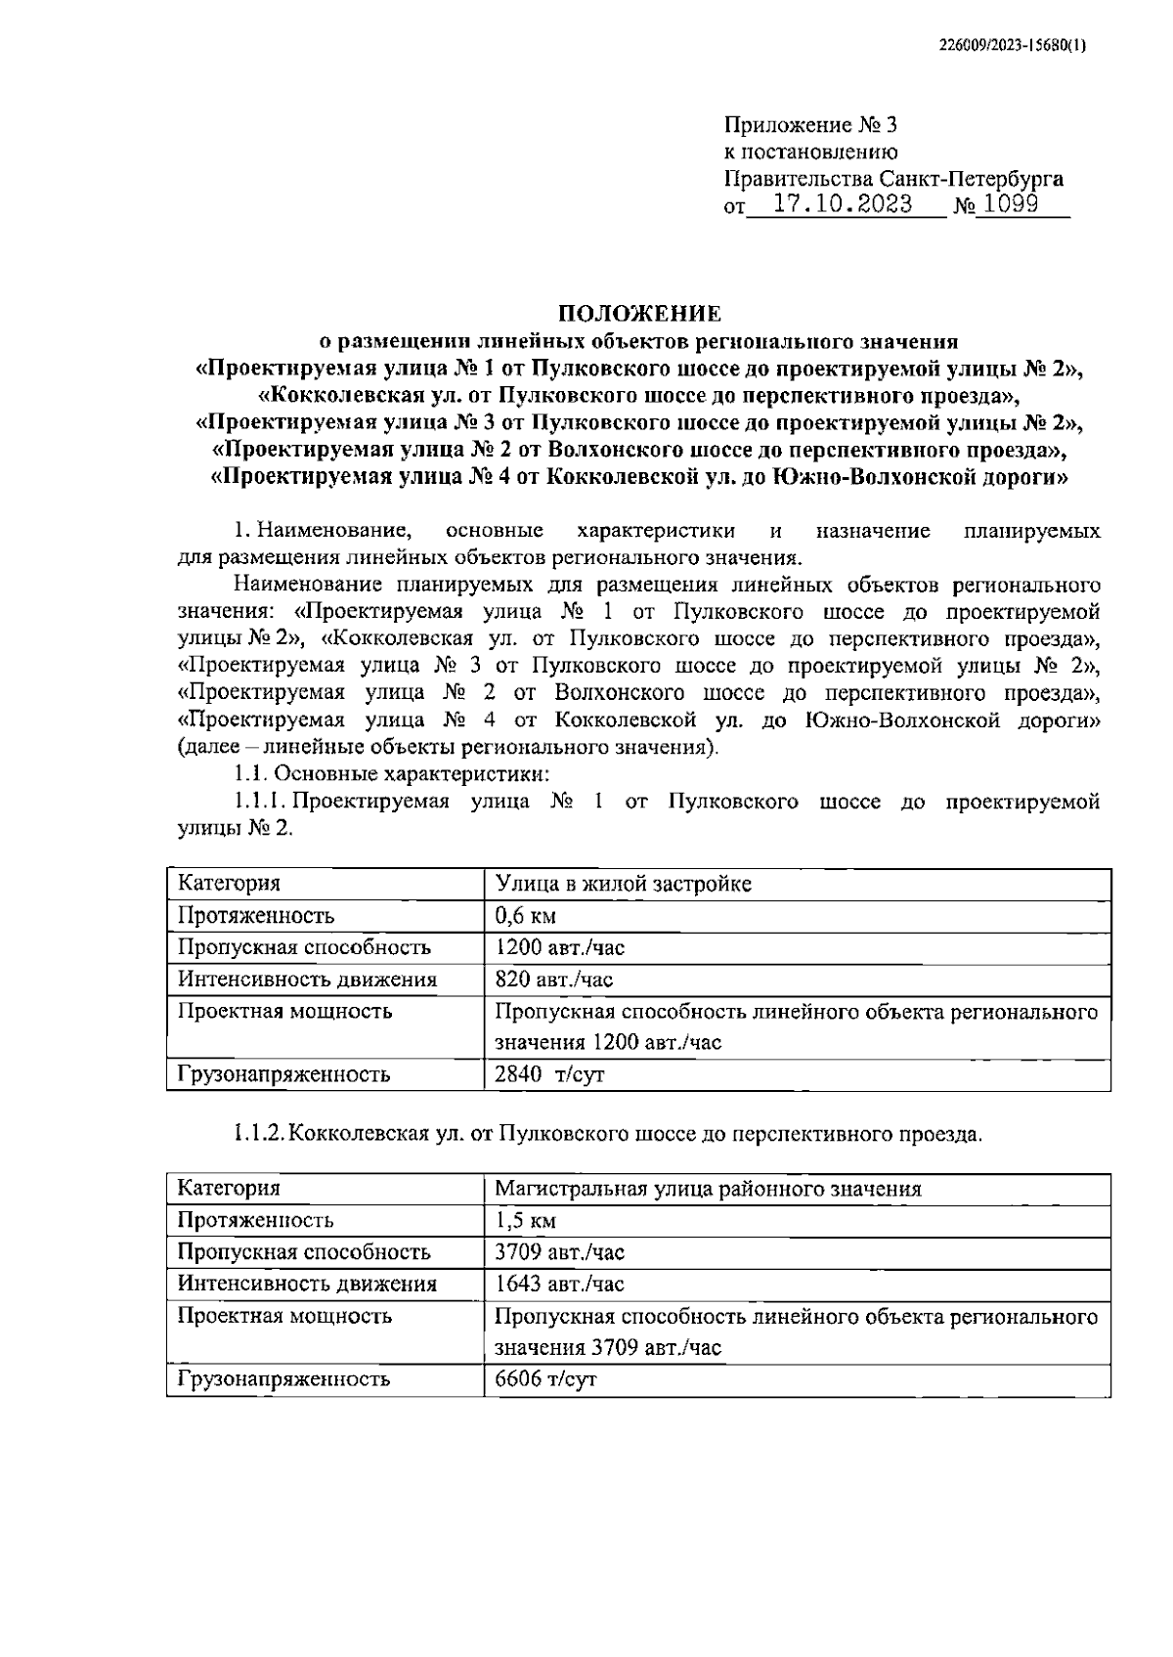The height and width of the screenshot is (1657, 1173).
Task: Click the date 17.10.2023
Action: click(843, 204)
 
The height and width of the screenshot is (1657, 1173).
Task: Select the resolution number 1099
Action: click(1011, 204)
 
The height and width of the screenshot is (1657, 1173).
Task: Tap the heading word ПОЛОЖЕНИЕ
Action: click(639, 314)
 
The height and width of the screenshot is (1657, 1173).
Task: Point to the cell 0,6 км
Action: click(526, 916)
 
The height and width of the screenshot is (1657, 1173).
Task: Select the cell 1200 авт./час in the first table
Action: click(559, 947)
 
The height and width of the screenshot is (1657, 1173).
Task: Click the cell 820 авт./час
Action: click(554, 980)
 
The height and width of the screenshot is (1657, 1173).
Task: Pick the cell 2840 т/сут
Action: click(550, 1075)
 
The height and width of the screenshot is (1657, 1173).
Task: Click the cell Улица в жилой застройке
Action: click(624, 884)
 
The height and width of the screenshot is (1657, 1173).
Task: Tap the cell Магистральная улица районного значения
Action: click(708, 1189)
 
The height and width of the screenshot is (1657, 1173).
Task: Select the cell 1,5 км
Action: click(526, 1221)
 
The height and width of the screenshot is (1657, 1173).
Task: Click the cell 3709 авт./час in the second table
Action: click(559, 1252)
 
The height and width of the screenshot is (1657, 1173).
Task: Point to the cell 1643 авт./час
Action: click(559, 1284)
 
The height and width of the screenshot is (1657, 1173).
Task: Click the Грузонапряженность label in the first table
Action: click(283, 1075)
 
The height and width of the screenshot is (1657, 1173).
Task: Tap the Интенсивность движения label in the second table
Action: click(307, 1284)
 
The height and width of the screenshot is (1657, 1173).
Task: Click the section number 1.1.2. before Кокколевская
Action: click(259, 1135)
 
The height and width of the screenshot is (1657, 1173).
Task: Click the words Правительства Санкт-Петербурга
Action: click(893, 179)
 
